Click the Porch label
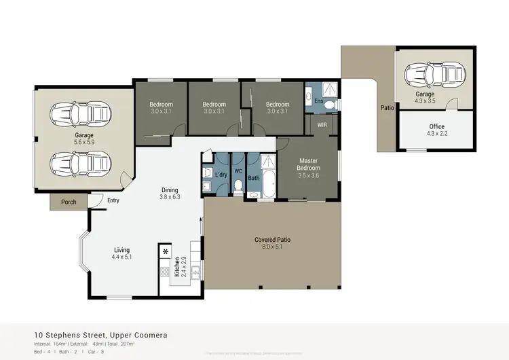(69, 202)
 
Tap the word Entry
(113, 200)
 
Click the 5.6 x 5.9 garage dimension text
(84, 143)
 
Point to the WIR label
(322, 126)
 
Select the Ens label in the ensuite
(318, 101)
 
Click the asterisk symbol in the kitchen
(165, 251)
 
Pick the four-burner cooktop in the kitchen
(164, 272)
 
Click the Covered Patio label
(272, 240)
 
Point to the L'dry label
(221, 175)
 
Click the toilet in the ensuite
(331, 105)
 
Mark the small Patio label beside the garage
(388, 107)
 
